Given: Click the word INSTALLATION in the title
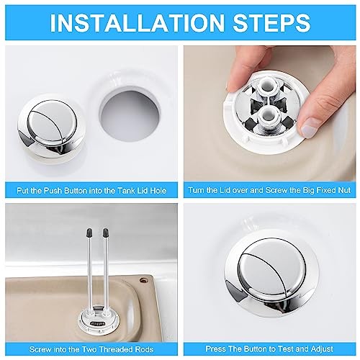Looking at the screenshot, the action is pyautogui.click(x=137, y=22).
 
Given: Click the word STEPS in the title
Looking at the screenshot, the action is pyautogui.click(x=272, y=22).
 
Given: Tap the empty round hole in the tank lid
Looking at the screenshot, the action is pyautogui.click(x=130, y=114).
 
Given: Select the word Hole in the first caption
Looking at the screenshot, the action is pyautogui.click(x=158, y=191).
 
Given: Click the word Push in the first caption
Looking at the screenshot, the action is pyautogui.click(x=53, y=191).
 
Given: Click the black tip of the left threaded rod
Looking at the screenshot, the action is pyautogui.click(x=89, y=233).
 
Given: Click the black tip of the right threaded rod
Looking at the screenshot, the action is pyautogui.click(x=105, y=233).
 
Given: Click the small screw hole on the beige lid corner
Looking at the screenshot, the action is pyautogui.click(x=144, y=280).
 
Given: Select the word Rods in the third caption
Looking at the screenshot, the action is pyautogui.click(x=143, y=349).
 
